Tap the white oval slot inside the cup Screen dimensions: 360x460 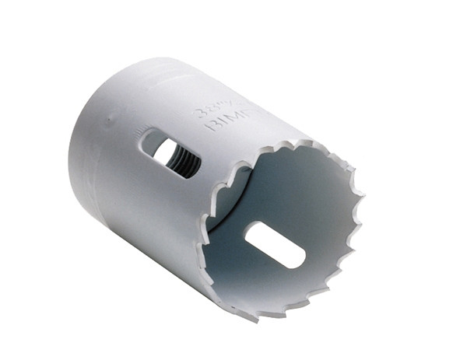274,243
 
